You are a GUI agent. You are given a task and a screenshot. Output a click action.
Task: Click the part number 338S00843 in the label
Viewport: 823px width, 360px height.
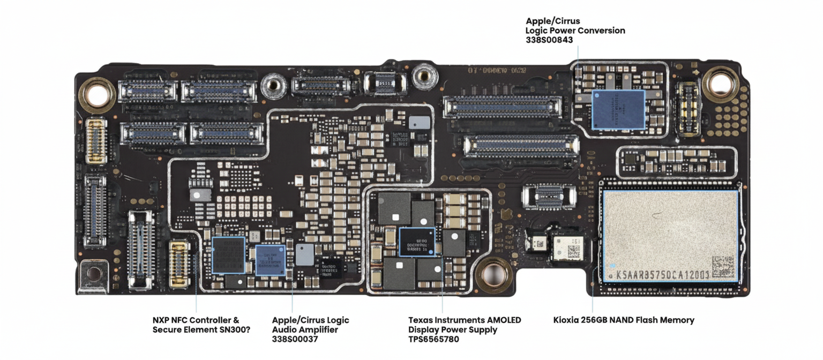pos(549,40)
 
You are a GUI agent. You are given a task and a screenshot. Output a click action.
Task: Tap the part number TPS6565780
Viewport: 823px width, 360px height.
pos(433,339)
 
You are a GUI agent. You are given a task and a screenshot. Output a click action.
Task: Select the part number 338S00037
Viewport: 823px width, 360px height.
pos(294,339)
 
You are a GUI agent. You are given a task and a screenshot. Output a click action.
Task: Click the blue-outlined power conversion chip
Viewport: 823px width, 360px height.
pos(618,110)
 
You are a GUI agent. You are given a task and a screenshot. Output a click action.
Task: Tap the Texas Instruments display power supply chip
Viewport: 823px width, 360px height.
pos(417,242)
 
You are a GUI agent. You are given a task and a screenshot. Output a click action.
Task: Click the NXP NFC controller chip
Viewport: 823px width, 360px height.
pos(229,255)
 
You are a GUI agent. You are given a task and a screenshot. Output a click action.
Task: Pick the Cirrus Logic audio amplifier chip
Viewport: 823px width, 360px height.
pos(270,259)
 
